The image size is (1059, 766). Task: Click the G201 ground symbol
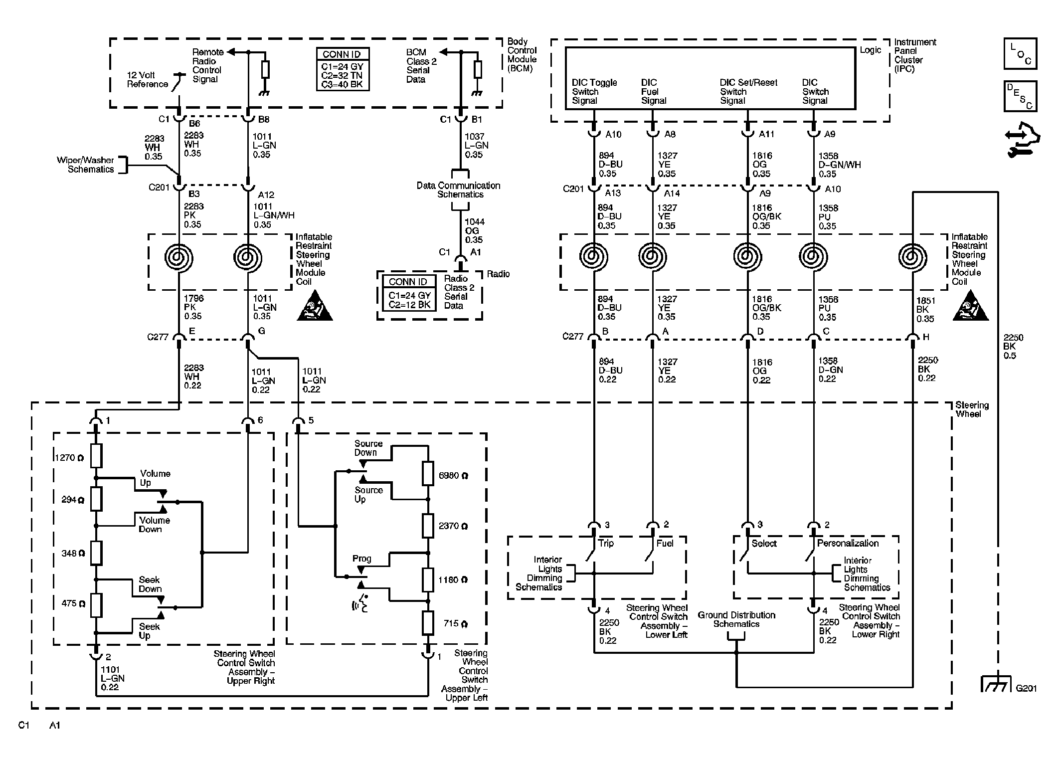[x=996, y=683]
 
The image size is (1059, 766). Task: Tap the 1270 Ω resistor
[x=96, y=456]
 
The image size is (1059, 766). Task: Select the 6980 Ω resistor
[x=428, y=474]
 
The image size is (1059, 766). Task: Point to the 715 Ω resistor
[x=428, y=622]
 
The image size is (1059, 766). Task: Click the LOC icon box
[x=1020, y=53]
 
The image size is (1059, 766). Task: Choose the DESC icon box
[x=1020, y=96]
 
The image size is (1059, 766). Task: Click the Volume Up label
[x=155, y=478]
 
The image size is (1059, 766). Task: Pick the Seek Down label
[x=150, y=584]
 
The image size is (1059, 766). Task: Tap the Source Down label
[x=368, y=448]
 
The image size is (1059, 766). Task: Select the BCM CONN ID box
[x=343, y=69]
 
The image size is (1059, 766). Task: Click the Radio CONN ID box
[x=409, y=293]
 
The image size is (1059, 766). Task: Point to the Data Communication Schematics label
[x=458, y=190]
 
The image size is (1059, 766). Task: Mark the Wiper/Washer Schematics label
[x=85, y=165]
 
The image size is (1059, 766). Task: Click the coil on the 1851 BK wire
[x=912, y=257]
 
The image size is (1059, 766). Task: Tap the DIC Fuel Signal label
[x=654, y=91]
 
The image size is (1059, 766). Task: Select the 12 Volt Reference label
[x=148, y=80]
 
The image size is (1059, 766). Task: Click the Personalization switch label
[x=848, y=543]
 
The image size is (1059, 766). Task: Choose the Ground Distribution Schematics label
[x=736, y=619]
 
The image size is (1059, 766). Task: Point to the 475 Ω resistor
[x=96, y=604]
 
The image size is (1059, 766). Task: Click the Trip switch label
[x=606, y=543]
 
